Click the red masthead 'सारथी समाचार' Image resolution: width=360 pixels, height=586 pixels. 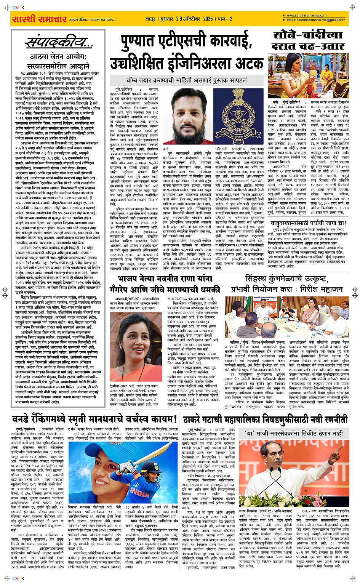tap(39, 19)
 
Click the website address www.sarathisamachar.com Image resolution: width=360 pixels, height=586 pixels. tap(307, 16)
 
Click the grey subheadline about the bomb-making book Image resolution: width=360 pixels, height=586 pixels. tap(187, 80)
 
